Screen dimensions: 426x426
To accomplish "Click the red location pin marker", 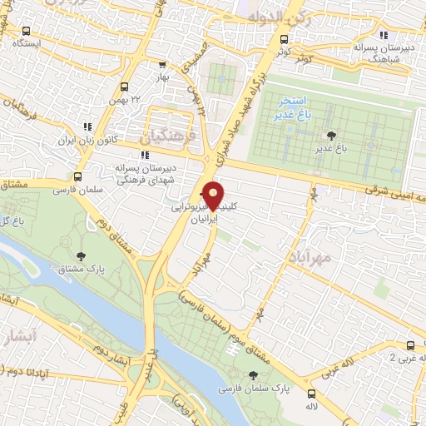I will (213, 195).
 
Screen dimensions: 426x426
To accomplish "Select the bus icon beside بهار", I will (161, 63).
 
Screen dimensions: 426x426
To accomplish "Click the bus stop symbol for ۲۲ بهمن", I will (123, 86).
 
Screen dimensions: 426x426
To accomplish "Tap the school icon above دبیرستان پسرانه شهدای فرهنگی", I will (146, 154).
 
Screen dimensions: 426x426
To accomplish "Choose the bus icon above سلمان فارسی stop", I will (77, 176).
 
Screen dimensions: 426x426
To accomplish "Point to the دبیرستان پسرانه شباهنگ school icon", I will (384, 35).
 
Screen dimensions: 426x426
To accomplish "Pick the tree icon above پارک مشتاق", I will (81, 257).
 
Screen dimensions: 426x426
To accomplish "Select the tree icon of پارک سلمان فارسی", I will (255, 376).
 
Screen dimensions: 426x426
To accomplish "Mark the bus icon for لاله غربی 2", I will (409, 344).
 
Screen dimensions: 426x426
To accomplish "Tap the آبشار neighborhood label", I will (18, 339).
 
